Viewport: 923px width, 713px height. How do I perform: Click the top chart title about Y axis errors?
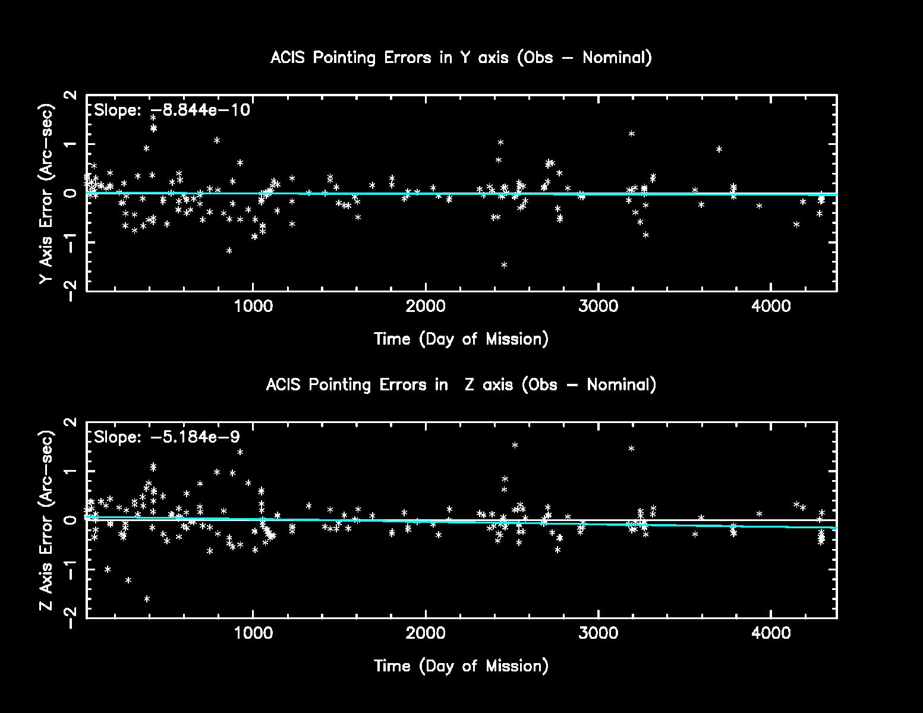(x=461, y=58)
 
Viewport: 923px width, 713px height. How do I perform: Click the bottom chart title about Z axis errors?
(x=461, y=384)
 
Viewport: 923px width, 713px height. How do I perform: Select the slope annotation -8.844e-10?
(x=172, y=110)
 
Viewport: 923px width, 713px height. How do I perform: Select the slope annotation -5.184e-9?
(x=167, y=437)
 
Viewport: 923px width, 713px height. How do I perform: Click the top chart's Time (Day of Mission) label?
(x=461, y=339)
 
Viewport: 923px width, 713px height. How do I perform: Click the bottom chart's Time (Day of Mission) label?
(x=461, y=665)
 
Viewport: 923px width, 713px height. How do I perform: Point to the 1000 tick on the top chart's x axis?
(x=254, y=307)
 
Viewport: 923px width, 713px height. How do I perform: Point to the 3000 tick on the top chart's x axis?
(x=598, y=307)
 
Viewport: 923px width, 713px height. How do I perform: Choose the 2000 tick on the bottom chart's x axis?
(x=426, y=633)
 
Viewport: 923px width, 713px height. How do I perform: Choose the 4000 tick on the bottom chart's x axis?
(x=771, y=633)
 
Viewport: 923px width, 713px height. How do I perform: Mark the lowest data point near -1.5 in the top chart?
(x=504, y=265)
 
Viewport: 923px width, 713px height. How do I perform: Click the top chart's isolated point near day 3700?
(x=719, y=149)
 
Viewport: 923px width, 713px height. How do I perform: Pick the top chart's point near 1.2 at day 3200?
(x=632, y=134)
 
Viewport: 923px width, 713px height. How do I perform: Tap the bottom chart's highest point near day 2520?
(x=515, y=445)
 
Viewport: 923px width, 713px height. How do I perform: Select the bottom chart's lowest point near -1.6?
(x=147, y=599)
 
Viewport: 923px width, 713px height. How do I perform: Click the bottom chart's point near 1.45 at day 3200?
(x=632, y=449)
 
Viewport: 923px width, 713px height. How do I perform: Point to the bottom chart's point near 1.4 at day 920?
(x=240, y=452)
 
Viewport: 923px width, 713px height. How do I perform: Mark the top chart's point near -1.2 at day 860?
(x=229, y=251)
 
